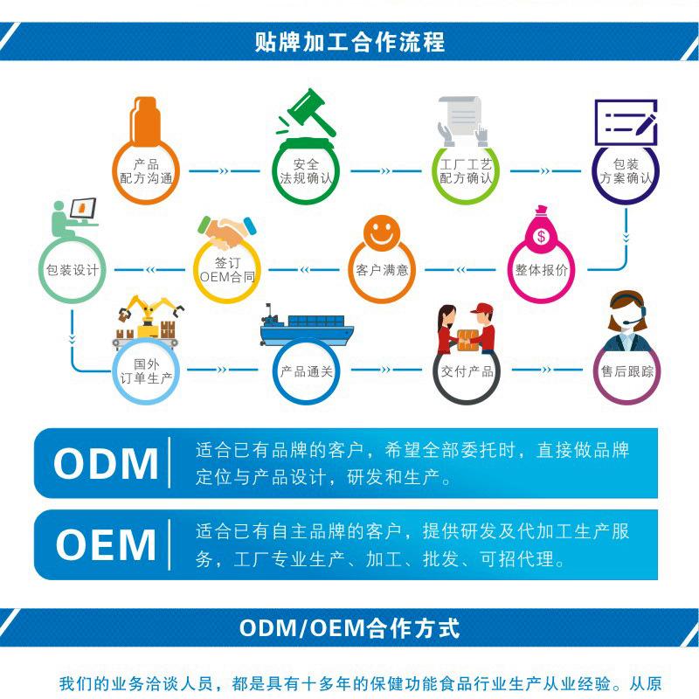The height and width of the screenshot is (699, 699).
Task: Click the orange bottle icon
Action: coord(147,123)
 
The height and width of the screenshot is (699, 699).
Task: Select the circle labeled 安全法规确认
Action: coord(307,171)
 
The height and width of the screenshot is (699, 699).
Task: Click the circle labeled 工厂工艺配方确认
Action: coord(466,171)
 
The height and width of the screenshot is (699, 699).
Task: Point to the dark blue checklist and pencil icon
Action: coord(625,123)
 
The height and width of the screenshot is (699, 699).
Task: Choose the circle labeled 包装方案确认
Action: coord(626,171)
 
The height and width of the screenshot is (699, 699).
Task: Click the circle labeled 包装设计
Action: coord(73,270)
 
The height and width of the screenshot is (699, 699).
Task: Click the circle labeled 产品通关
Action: coord(306,371)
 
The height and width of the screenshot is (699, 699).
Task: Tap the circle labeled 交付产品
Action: coord(467,371)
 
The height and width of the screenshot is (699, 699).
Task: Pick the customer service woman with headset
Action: coord(626,320)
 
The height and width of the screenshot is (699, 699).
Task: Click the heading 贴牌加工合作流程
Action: coord(349,41)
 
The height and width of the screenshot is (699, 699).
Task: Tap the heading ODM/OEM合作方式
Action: coord(349,628)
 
